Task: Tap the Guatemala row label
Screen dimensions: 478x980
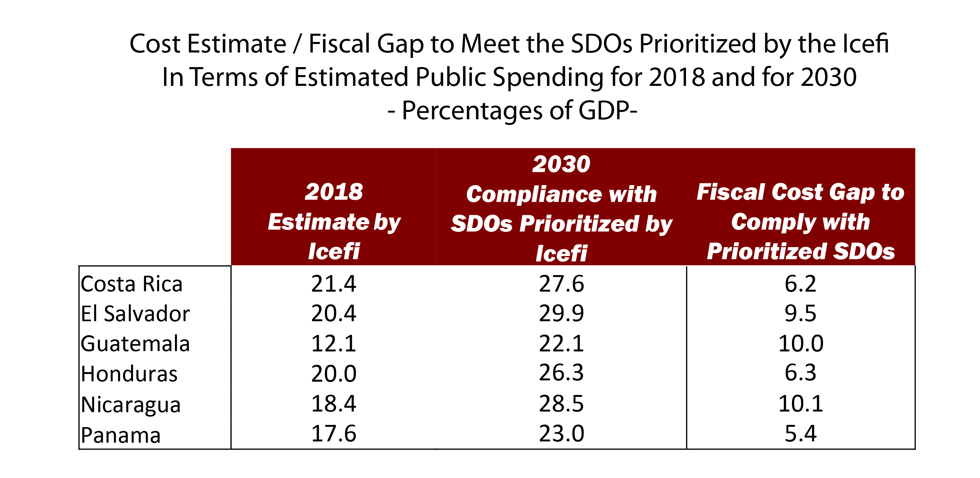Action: tap(135, 344)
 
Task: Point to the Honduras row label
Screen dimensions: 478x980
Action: tap(129, 374)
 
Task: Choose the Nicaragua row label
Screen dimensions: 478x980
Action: tap(130, 404)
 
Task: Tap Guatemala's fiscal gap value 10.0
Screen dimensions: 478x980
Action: tap(801, 344)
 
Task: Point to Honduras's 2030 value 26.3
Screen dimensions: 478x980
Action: tap(561, 373)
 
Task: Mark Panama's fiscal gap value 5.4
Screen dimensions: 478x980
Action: tap(801, 434)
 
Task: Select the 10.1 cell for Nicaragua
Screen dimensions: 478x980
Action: tap(801, 404)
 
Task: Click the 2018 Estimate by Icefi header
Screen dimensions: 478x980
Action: tap(334, 221)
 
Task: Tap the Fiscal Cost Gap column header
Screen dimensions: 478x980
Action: tap(801, 221)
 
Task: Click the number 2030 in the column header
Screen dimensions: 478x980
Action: tap(561, 164)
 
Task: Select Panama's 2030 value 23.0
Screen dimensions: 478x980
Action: tap(561, 434)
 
